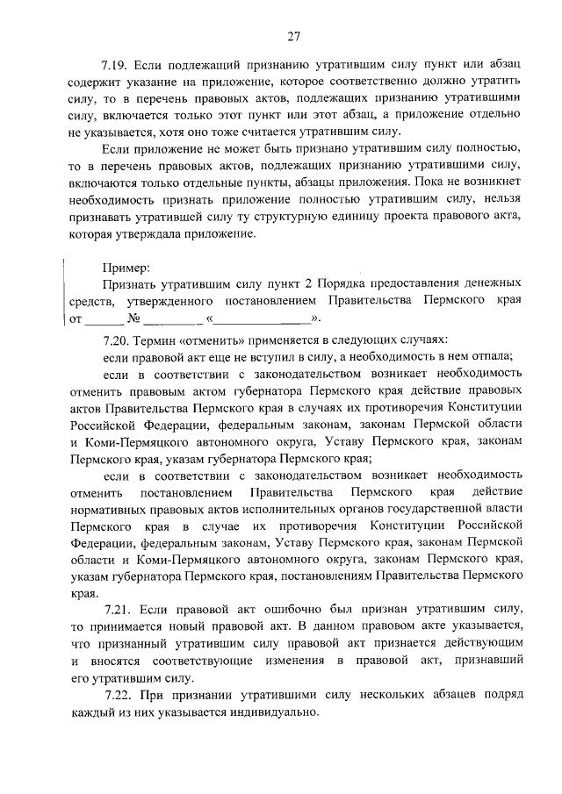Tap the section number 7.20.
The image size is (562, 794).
click(x=117, y=339)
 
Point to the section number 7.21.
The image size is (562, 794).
click(x=118, y=608)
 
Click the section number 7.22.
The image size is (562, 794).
click(x=118, y=694)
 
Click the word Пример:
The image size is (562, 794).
click(x=126, y=266)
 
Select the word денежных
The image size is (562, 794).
click(x=490, y=284)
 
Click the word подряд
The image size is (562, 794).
click(x=501, y=694)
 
